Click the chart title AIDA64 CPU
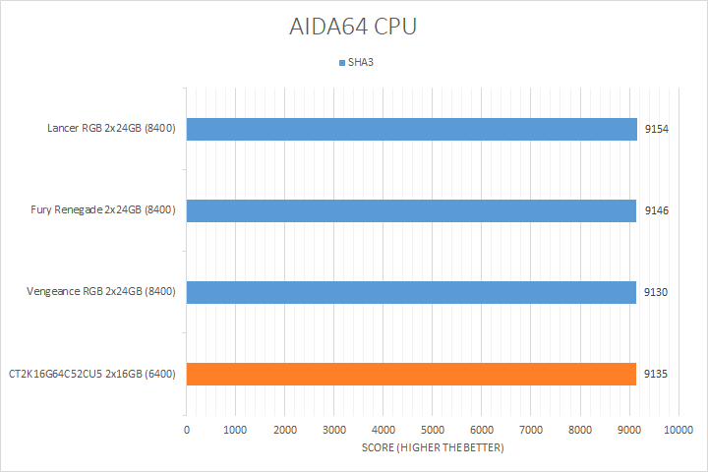point(354,27)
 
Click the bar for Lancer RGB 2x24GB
point(411,129)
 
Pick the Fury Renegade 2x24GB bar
point(411,210)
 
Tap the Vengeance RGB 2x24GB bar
point(411,292)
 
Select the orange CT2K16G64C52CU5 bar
point(411,374)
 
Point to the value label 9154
point(656,129)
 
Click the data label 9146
point(656,210)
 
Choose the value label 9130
point(656,292)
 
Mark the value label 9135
point(656,374)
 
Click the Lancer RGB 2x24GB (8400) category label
point(111,129)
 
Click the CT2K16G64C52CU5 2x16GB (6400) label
point(91,374)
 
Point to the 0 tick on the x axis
point(187,431)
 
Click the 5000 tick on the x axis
point(433,431)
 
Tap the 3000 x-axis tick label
point(334,431)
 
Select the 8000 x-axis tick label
point(580,431)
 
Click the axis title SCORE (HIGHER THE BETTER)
point(433,448)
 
